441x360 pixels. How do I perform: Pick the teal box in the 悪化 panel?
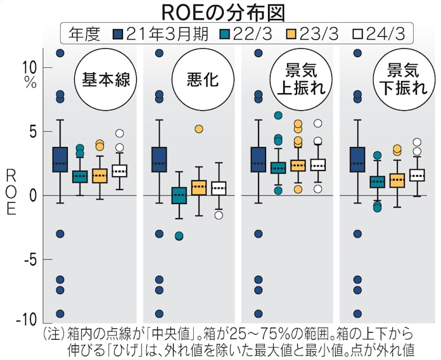tap(179, 195)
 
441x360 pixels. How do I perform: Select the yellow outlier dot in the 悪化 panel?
tap(199, 129)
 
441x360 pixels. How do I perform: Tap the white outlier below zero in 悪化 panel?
tap(219, 215)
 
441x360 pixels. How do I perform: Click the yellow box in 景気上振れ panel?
tap(298, 165)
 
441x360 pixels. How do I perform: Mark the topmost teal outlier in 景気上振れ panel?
tap(278, 115)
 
